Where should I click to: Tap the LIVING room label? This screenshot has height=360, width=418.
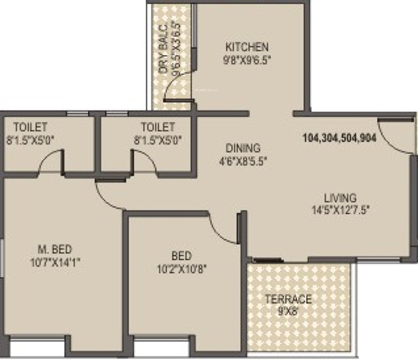click(x=340, y=198)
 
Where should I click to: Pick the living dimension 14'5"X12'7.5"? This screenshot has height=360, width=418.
click(x=340, y=211)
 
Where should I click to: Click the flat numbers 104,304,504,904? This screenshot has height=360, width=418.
click(x=340, y=139)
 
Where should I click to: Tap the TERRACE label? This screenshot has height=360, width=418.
click(x=288, y=299)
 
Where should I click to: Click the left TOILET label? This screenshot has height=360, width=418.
click(x=31, y=127)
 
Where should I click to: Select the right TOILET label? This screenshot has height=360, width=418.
click(x=158, y=127)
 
